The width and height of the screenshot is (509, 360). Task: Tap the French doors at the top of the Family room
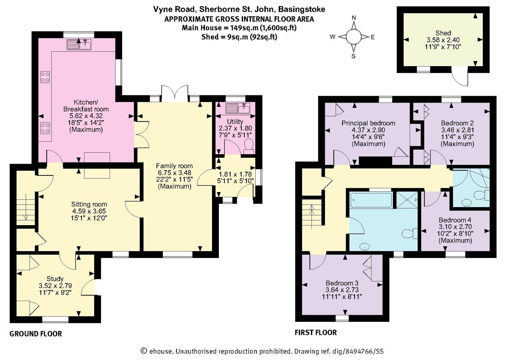(175, 93)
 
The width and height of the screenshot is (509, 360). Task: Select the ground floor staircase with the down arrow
(25, 207)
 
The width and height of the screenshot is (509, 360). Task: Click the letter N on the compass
(353, 17)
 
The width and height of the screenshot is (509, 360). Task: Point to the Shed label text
(442, 33)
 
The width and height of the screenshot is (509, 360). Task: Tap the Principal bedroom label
(368, 123)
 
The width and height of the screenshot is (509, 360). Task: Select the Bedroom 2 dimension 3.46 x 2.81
(457, 130)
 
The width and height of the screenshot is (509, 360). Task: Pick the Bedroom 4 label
(455, 220)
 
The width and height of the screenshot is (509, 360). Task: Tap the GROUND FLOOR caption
(36, 334)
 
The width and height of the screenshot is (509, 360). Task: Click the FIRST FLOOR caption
(316, 333)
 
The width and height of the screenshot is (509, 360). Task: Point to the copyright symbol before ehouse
(144, 351)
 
